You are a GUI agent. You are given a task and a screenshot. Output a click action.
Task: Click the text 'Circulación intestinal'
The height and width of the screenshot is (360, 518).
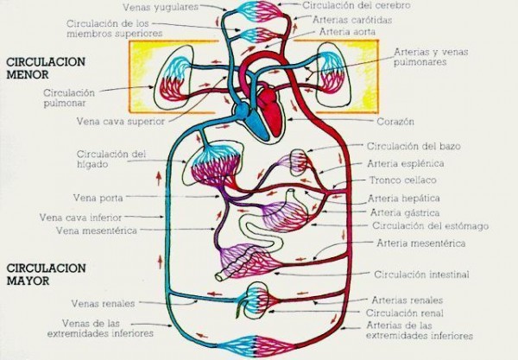tap(421, 275)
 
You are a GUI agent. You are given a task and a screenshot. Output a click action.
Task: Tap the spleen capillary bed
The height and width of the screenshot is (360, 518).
tap(299, 161)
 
